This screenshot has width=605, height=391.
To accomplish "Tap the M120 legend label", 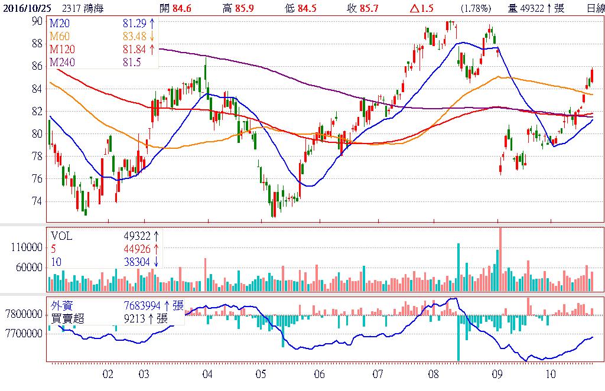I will click(63, 48).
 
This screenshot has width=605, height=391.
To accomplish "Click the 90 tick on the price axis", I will click(37, 21).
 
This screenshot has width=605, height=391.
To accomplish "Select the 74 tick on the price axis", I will click(37, 201).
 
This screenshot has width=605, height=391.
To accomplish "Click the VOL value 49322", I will click(138, 236).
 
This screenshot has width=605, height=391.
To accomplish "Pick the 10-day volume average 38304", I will click(138, 262).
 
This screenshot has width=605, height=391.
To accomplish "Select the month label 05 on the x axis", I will click(261, 374).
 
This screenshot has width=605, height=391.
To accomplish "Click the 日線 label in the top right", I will click(596, 7).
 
